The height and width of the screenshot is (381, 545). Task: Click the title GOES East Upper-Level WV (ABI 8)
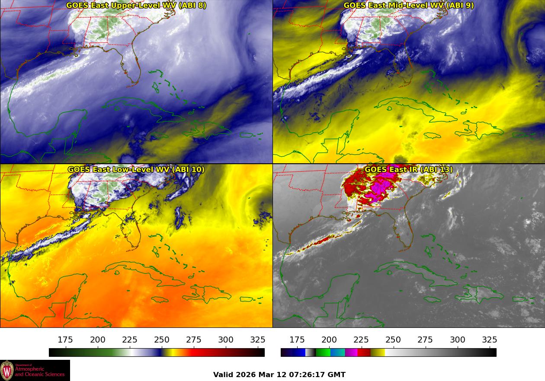(x=136, y=6)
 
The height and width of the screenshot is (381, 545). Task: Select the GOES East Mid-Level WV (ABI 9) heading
(x=408, y=6)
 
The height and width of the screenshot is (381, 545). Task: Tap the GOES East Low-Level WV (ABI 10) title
(x=136, y=169)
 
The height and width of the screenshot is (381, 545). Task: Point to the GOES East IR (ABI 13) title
(x=408, y=169)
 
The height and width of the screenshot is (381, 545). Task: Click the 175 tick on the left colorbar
(x=65, y=340)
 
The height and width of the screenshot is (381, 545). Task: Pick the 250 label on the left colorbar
(x=162, y=340)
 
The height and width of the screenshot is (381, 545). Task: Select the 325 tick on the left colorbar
(x=258, y=340)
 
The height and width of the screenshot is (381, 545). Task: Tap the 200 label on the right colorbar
(x=329, y=340)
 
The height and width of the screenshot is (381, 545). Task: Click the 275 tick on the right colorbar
(x=426, y=340)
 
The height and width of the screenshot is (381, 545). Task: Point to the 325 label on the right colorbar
(x=490, y=340)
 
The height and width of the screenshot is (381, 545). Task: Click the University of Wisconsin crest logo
(x=7, y=371)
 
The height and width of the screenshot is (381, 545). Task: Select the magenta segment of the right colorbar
(x=351, y=352)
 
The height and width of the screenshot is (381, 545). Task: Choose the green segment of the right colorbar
(x=323, y=352)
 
